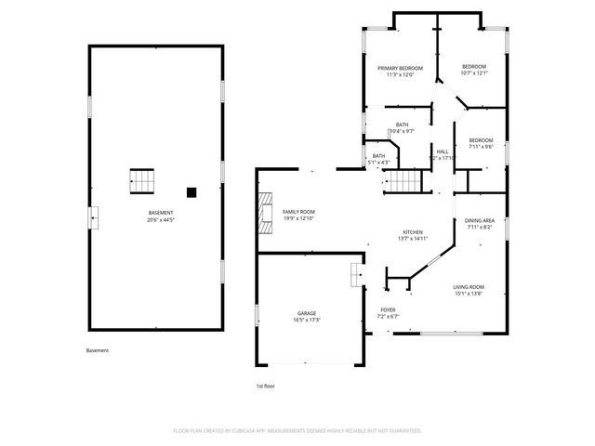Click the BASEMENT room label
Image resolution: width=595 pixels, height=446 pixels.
pos(161,214)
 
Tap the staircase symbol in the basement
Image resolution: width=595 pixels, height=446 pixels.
pos(141,181)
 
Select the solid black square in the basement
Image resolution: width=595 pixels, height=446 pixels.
pos(192,192)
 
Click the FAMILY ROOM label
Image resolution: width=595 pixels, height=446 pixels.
pos(298,212)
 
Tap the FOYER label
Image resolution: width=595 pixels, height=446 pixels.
pos(388,310)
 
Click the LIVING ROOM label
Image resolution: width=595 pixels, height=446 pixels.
pos(468,286)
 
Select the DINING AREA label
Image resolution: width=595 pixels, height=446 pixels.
pos(479,220)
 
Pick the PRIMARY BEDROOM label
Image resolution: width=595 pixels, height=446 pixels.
pos(400,68)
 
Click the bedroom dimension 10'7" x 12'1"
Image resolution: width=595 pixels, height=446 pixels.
pos(474,73)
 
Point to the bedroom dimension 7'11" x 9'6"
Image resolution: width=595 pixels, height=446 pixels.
pos(481,147)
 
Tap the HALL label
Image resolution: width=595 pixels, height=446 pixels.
pos(443,151)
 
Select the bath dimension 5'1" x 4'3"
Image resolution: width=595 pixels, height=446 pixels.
pos(378,163)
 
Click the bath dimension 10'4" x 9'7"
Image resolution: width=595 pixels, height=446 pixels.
pos(402,131)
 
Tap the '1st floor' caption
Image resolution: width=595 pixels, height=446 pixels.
pos(266,386)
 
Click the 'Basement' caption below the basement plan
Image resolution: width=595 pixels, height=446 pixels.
pos(97,350)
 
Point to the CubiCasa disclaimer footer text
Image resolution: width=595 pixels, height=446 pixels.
pos(297,431)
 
